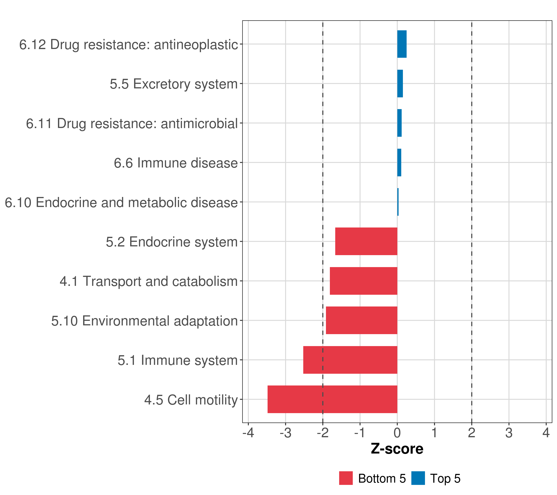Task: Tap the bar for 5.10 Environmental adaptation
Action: [361, 320]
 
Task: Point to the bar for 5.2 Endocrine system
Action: [366, 241]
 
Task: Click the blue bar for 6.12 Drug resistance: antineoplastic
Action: [402, 44]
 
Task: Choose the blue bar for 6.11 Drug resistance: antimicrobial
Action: [399, 123]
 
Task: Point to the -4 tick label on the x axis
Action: [248, 433]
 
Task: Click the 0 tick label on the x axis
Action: [397, 433]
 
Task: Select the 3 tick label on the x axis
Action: [509, 433]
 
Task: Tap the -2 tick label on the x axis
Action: [322, 433]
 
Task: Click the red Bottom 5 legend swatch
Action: [346, 478]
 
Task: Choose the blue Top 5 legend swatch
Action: [418, 478]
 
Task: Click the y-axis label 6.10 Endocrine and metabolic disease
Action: [121, 202]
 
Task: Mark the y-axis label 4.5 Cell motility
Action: [191, 400]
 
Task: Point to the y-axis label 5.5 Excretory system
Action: [173, 84]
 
